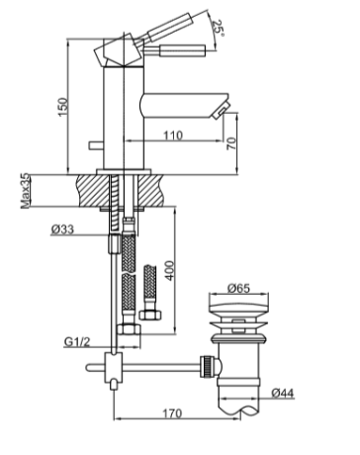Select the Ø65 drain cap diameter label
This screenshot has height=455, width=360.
click(x=237, y=289)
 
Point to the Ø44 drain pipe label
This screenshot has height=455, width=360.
click(x=283, y=394)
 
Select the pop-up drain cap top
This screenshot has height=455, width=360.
click(x=237, y=308)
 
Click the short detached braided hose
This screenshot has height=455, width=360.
click(x=150, y=292)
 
